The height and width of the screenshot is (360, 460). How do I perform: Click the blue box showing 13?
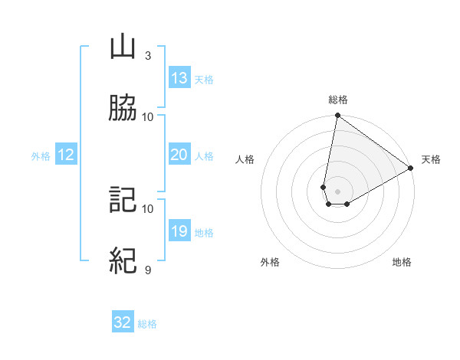[179, 78]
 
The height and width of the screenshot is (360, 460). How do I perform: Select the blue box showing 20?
[179, 155]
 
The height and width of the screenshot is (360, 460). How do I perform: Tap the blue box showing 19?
[179, 231]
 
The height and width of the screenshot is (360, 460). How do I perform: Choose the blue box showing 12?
[66, 155]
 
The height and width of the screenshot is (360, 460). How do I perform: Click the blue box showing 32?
[123, 322]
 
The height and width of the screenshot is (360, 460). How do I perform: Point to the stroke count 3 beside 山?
[148, 55]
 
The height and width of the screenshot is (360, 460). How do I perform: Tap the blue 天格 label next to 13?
[204, 79]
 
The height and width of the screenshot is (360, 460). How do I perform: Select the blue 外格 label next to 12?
[41, 155]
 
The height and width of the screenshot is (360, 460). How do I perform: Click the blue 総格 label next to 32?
[147, 323]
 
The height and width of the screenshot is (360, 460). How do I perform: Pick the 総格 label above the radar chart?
[337, 100]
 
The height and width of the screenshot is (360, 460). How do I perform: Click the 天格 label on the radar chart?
[431, 159]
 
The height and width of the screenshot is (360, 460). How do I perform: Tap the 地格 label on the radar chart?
[402, 263]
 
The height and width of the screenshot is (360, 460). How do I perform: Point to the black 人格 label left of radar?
[245, 159]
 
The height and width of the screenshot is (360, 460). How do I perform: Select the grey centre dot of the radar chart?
[337, 191]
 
